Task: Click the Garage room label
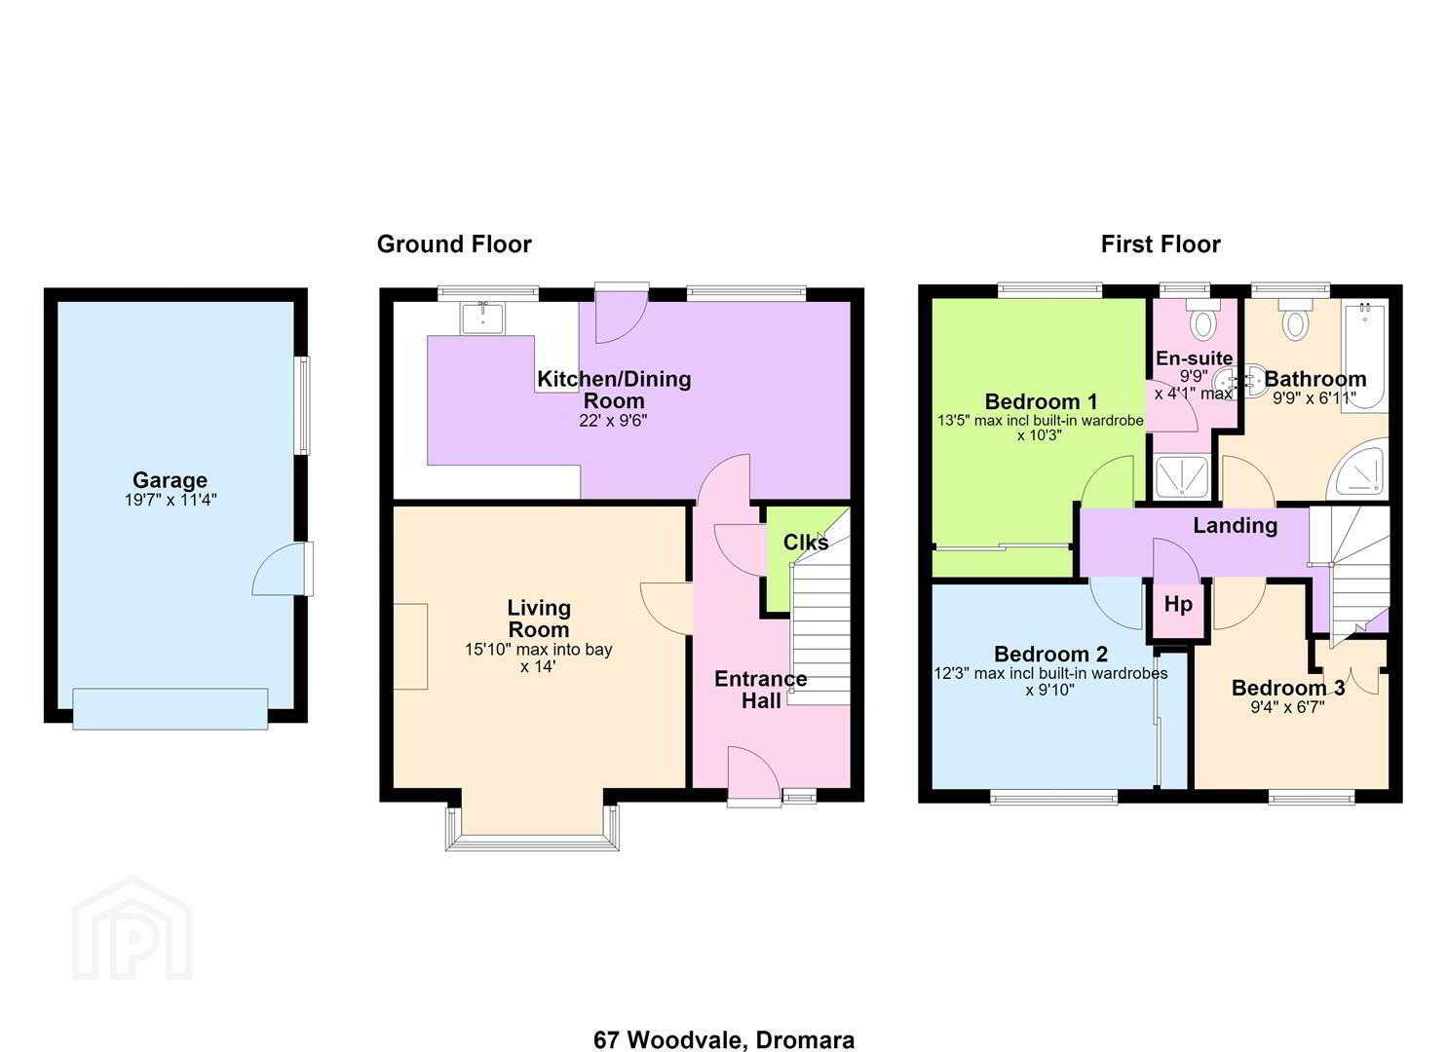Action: pos(170,480)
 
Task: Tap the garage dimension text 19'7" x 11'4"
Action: pos(171,500)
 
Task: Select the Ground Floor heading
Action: pos(454,244)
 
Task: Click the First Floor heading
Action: pos(1161,244)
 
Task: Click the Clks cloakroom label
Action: pos(806,543)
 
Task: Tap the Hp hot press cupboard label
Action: pos(1178,605)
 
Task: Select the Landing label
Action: pos(1236,525)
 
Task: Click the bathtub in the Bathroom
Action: pos(1364,356)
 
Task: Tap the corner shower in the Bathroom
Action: pos(1358,470)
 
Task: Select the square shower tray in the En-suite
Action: pos(1181,477)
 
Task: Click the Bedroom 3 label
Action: pos(1288,688)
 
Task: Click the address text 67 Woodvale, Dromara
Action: pos(723,1022)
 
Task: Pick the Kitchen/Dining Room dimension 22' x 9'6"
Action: pos(613,421)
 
